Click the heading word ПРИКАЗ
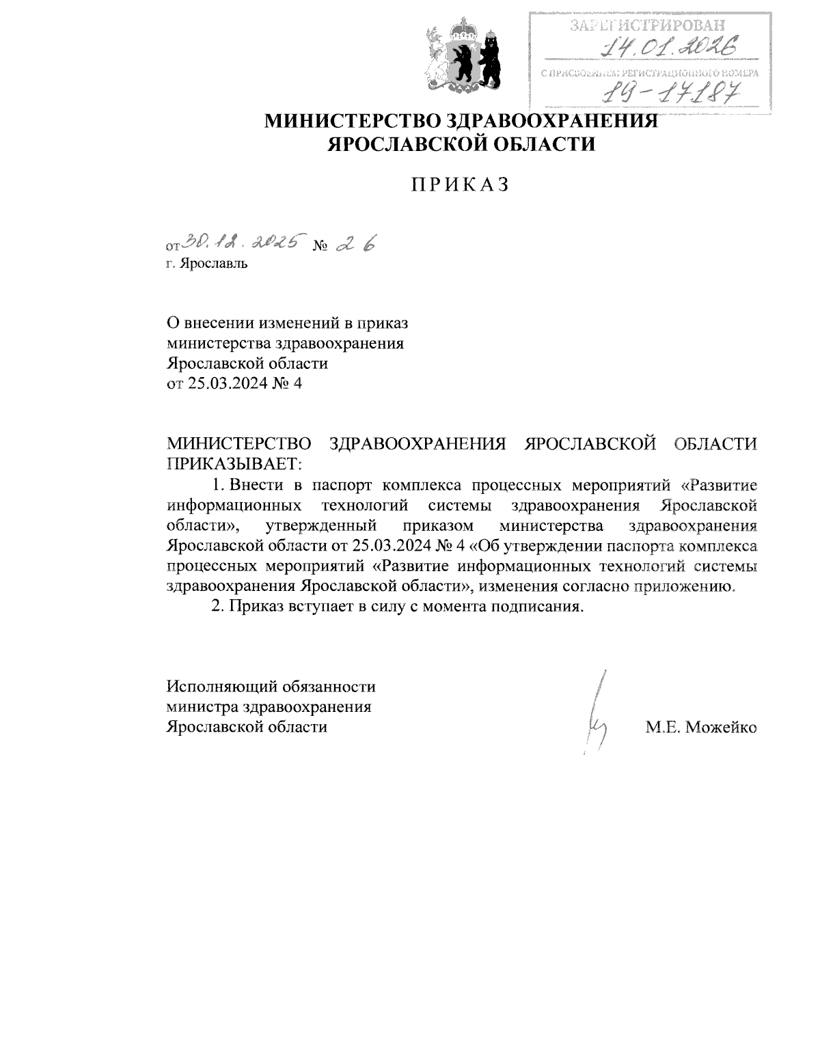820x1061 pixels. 460,184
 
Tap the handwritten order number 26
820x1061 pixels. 356,243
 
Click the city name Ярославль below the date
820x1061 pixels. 212,264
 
